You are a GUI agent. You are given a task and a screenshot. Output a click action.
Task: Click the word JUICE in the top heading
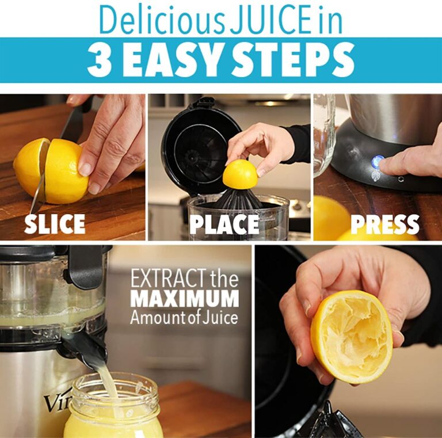point(262,20)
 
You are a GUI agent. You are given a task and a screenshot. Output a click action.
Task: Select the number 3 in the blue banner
point(99,59)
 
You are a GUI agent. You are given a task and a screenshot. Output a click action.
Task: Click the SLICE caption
point(55,223)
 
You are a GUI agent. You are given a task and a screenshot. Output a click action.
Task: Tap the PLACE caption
point(224,223)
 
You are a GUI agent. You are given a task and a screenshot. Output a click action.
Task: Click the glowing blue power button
point(377,162)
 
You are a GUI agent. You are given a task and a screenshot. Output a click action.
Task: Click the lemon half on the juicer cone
point(240,174)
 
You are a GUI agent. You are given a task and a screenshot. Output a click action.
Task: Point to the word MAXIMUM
point(184,299)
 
